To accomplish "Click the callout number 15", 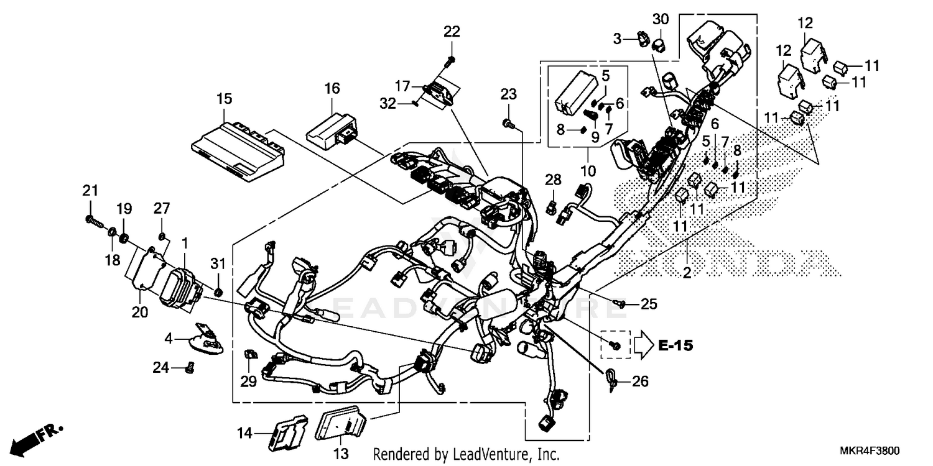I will point(224,98).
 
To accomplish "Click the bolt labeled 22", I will point(451,60).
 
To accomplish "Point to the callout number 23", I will point(509,94).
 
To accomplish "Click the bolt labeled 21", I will point(93,219).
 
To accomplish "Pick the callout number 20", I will point(139,313).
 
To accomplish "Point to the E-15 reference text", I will point(675,345).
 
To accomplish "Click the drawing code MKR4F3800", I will point(872,451).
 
